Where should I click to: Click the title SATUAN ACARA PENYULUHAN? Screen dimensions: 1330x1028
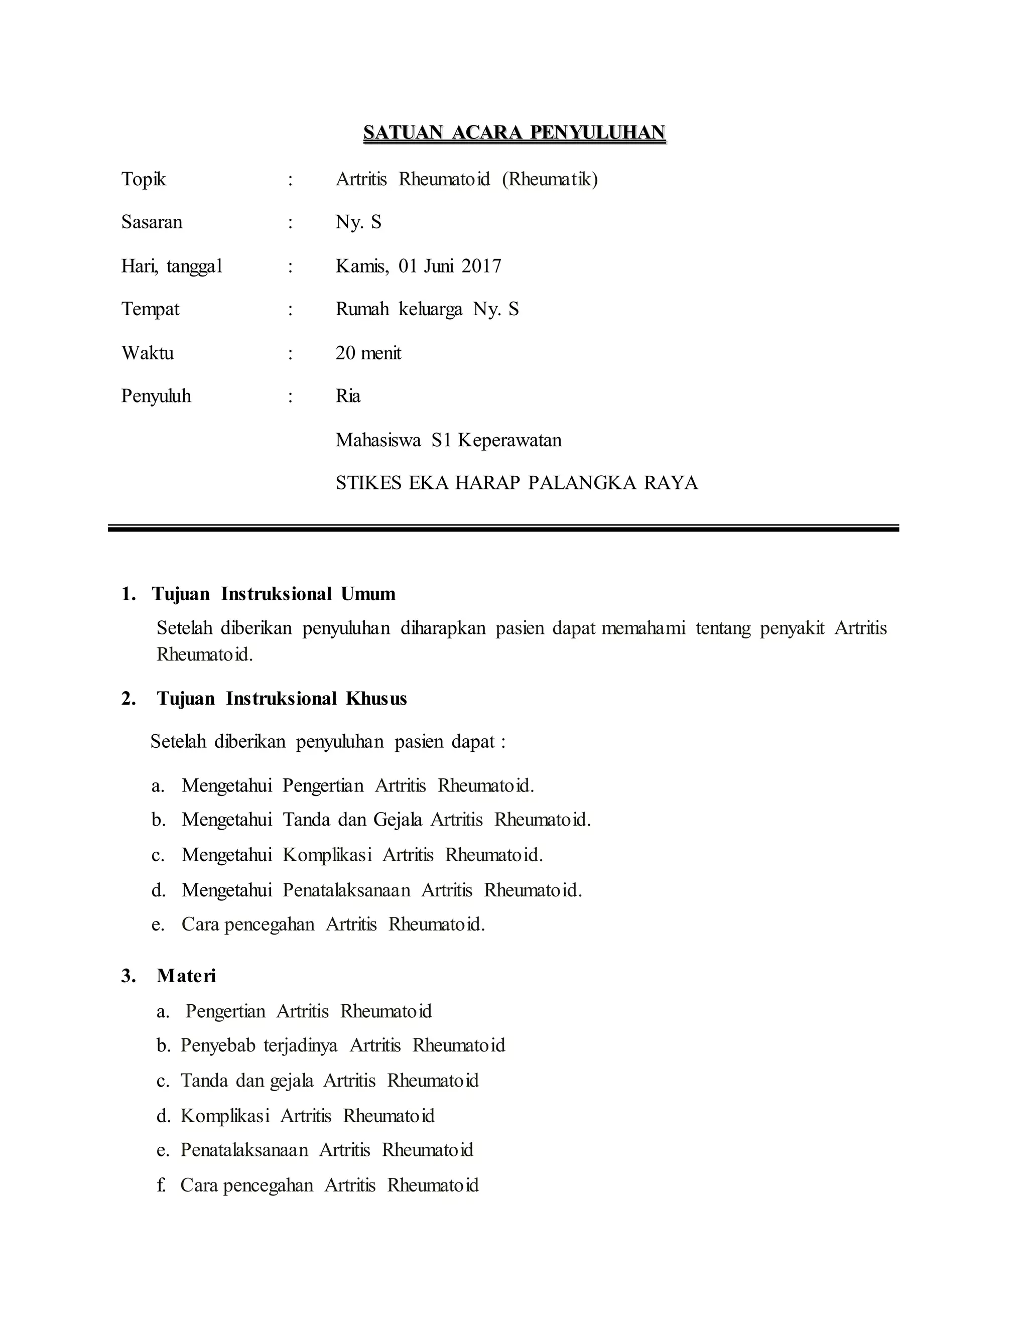pyautogui.click(x=514, y=133)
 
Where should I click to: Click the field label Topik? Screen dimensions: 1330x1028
pyautogui.click(x=144, y=180)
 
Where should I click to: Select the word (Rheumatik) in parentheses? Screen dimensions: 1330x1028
pyautogui.click(x=550, y=180)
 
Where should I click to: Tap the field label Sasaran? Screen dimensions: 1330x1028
pyautogui.click(x=152, y=222)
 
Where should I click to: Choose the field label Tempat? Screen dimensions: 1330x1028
pyautogui.click(x=151, y=309)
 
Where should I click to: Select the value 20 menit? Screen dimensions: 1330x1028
pyautogui.click(x=368, y=353)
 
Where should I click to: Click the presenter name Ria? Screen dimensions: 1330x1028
pyautogui.click(x=348, y=396)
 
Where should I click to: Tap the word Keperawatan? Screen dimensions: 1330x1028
pyautogui.click(x=510, y=440)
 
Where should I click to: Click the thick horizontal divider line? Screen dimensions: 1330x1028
pyautogui.click(x=503, y=528)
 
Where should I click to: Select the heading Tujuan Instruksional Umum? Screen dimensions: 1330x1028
pyautogui.click(x=274, y=594)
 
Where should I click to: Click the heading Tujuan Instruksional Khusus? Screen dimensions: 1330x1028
pyautogui.click(x=282, y=699)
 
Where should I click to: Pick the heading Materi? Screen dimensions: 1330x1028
pyautogui.click(x=186, y=976)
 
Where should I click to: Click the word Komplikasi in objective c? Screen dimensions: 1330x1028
pyautogui.click(x=327, y=855)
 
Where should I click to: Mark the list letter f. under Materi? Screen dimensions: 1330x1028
pyautogui.click(x=162, y=1185)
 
